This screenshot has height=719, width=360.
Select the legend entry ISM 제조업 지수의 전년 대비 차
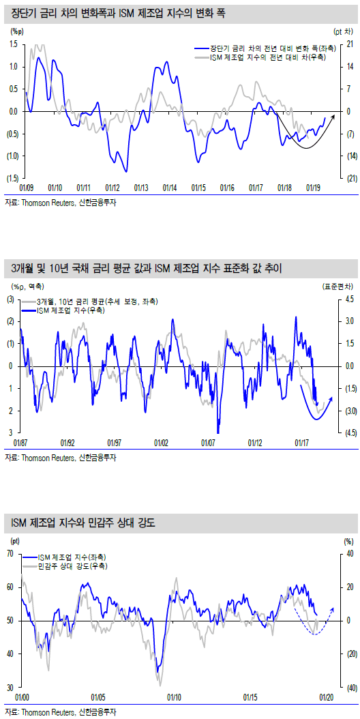pos(267,58)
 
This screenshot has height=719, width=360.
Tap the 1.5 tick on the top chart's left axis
pos(13,44)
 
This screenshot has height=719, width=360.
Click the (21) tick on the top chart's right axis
pos(348,178)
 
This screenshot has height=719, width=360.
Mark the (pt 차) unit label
pos(344,31)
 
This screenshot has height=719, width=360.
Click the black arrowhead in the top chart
pos(333,116)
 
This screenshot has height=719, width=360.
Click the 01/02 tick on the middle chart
pos(161,443)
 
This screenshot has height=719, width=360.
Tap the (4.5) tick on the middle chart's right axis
pos(348,432)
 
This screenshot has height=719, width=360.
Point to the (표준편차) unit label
pos(338,286)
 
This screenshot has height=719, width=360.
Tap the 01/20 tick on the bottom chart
pos(326,697)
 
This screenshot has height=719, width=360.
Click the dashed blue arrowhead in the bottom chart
pos(333,609)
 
